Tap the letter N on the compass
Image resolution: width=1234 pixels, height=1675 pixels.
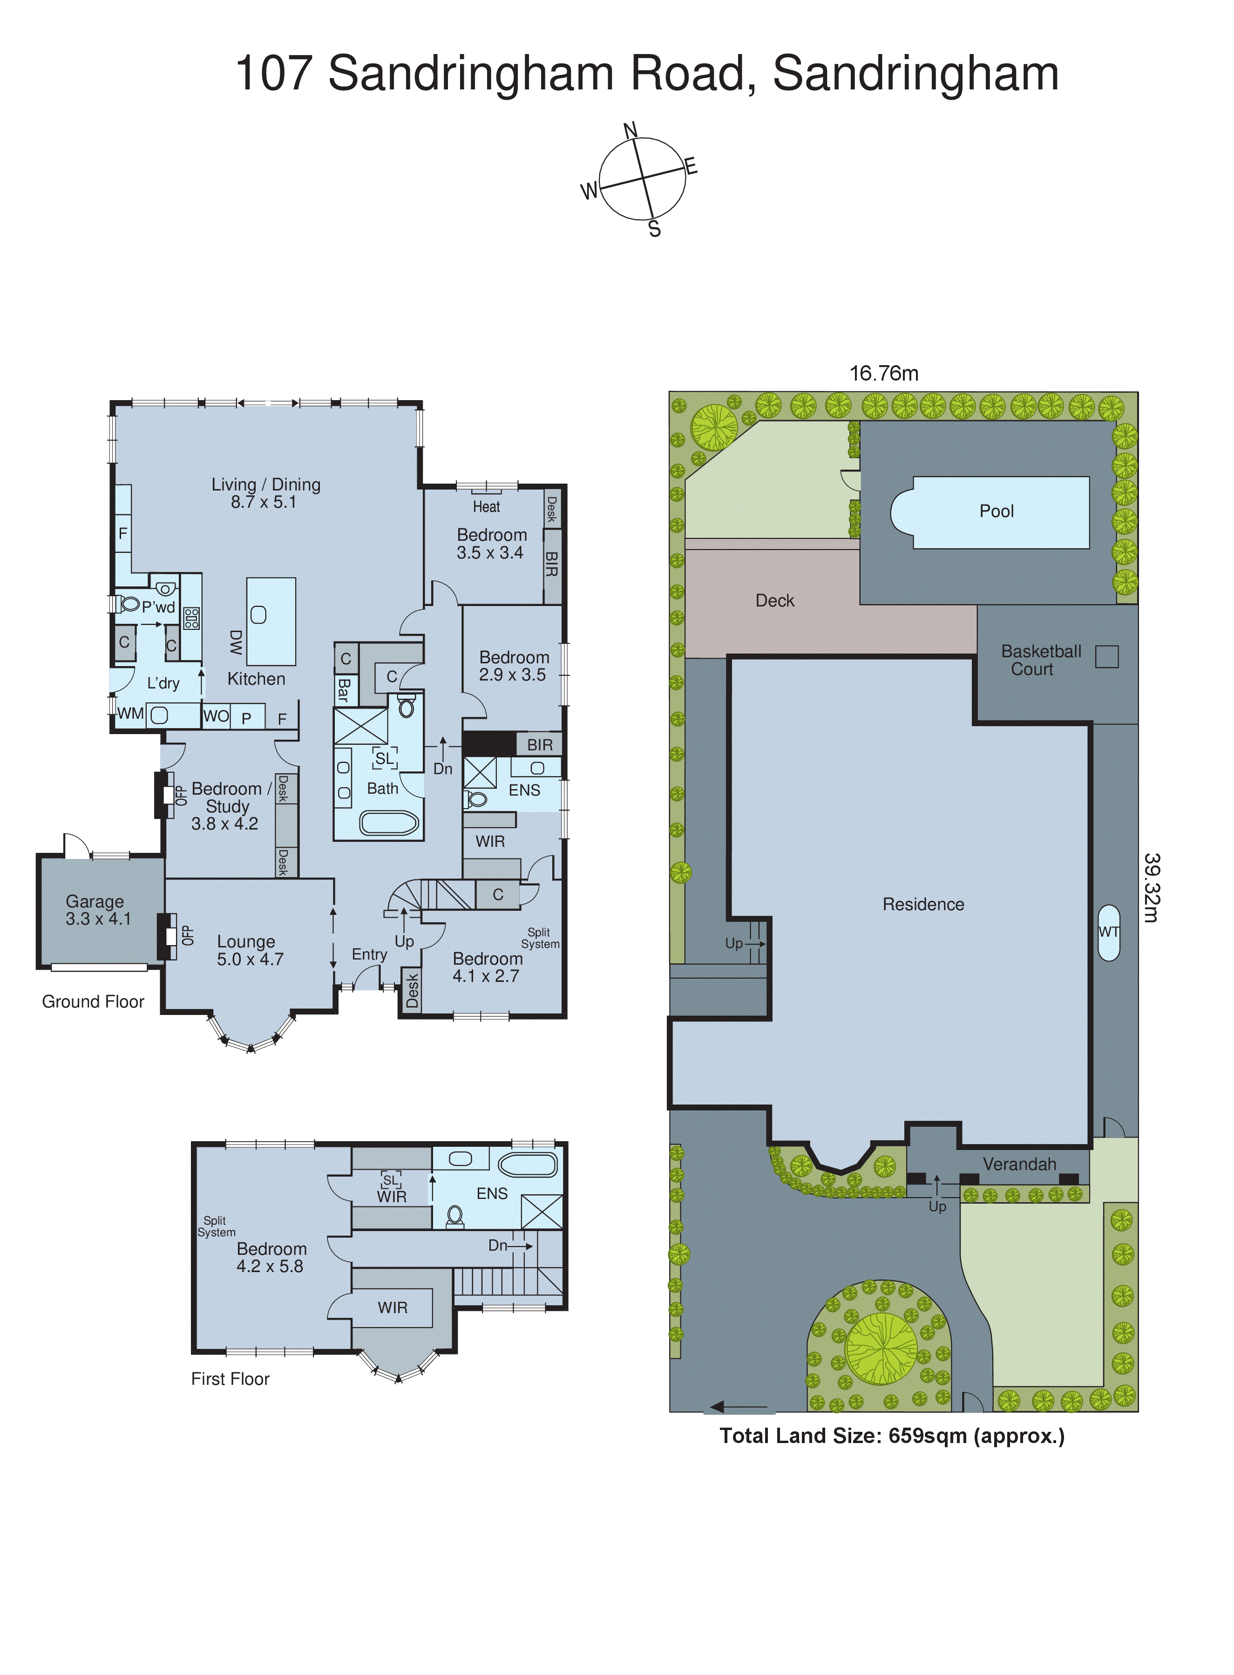[631, 131]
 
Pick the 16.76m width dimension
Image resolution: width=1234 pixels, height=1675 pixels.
[884, 374]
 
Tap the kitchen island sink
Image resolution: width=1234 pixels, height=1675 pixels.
[258, 615]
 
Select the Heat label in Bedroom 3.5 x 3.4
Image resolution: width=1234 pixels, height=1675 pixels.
[486, 506]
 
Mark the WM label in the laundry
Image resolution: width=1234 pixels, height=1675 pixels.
[130, 714]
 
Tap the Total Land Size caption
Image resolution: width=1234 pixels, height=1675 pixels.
[892, 1436]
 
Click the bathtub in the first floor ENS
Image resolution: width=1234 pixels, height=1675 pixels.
[528, 1165]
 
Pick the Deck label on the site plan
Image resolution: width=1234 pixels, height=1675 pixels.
[774, 601]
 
